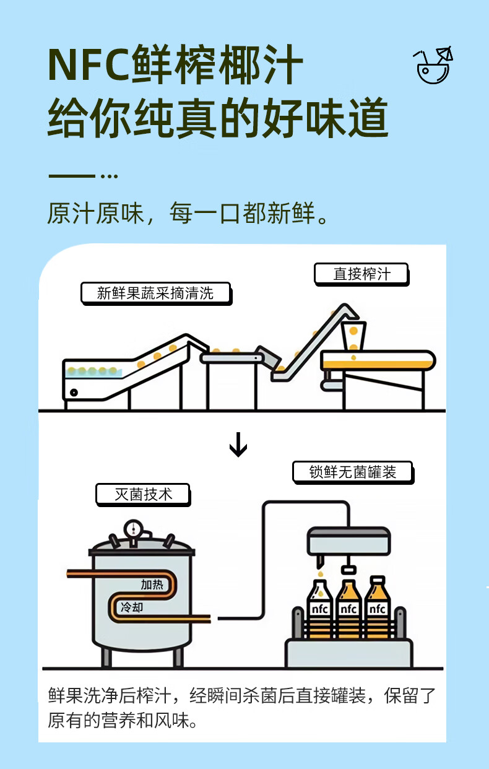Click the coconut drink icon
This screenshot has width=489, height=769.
433,65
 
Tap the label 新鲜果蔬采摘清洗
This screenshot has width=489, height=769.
156,293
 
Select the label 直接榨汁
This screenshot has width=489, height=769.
361,274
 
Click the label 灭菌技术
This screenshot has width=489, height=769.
143,495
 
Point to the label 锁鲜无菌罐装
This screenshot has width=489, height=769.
353,472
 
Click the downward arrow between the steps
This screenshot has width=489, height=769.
238,445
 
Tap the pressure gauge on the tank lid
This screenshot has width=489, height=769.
133,529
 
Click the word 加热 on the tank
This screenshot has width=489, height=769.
152,584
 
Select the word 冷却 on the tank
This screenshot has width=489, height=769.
132,607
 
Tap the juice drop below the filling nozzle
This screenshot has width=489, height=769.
320,574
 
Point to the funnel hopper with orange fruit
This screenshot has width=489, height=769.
353,336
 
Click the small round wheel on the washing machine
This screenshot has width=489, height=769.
74,393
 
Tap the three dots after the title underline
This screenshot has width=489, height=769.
109,176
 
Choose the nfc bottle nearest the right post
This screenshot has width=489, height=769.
377,607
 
